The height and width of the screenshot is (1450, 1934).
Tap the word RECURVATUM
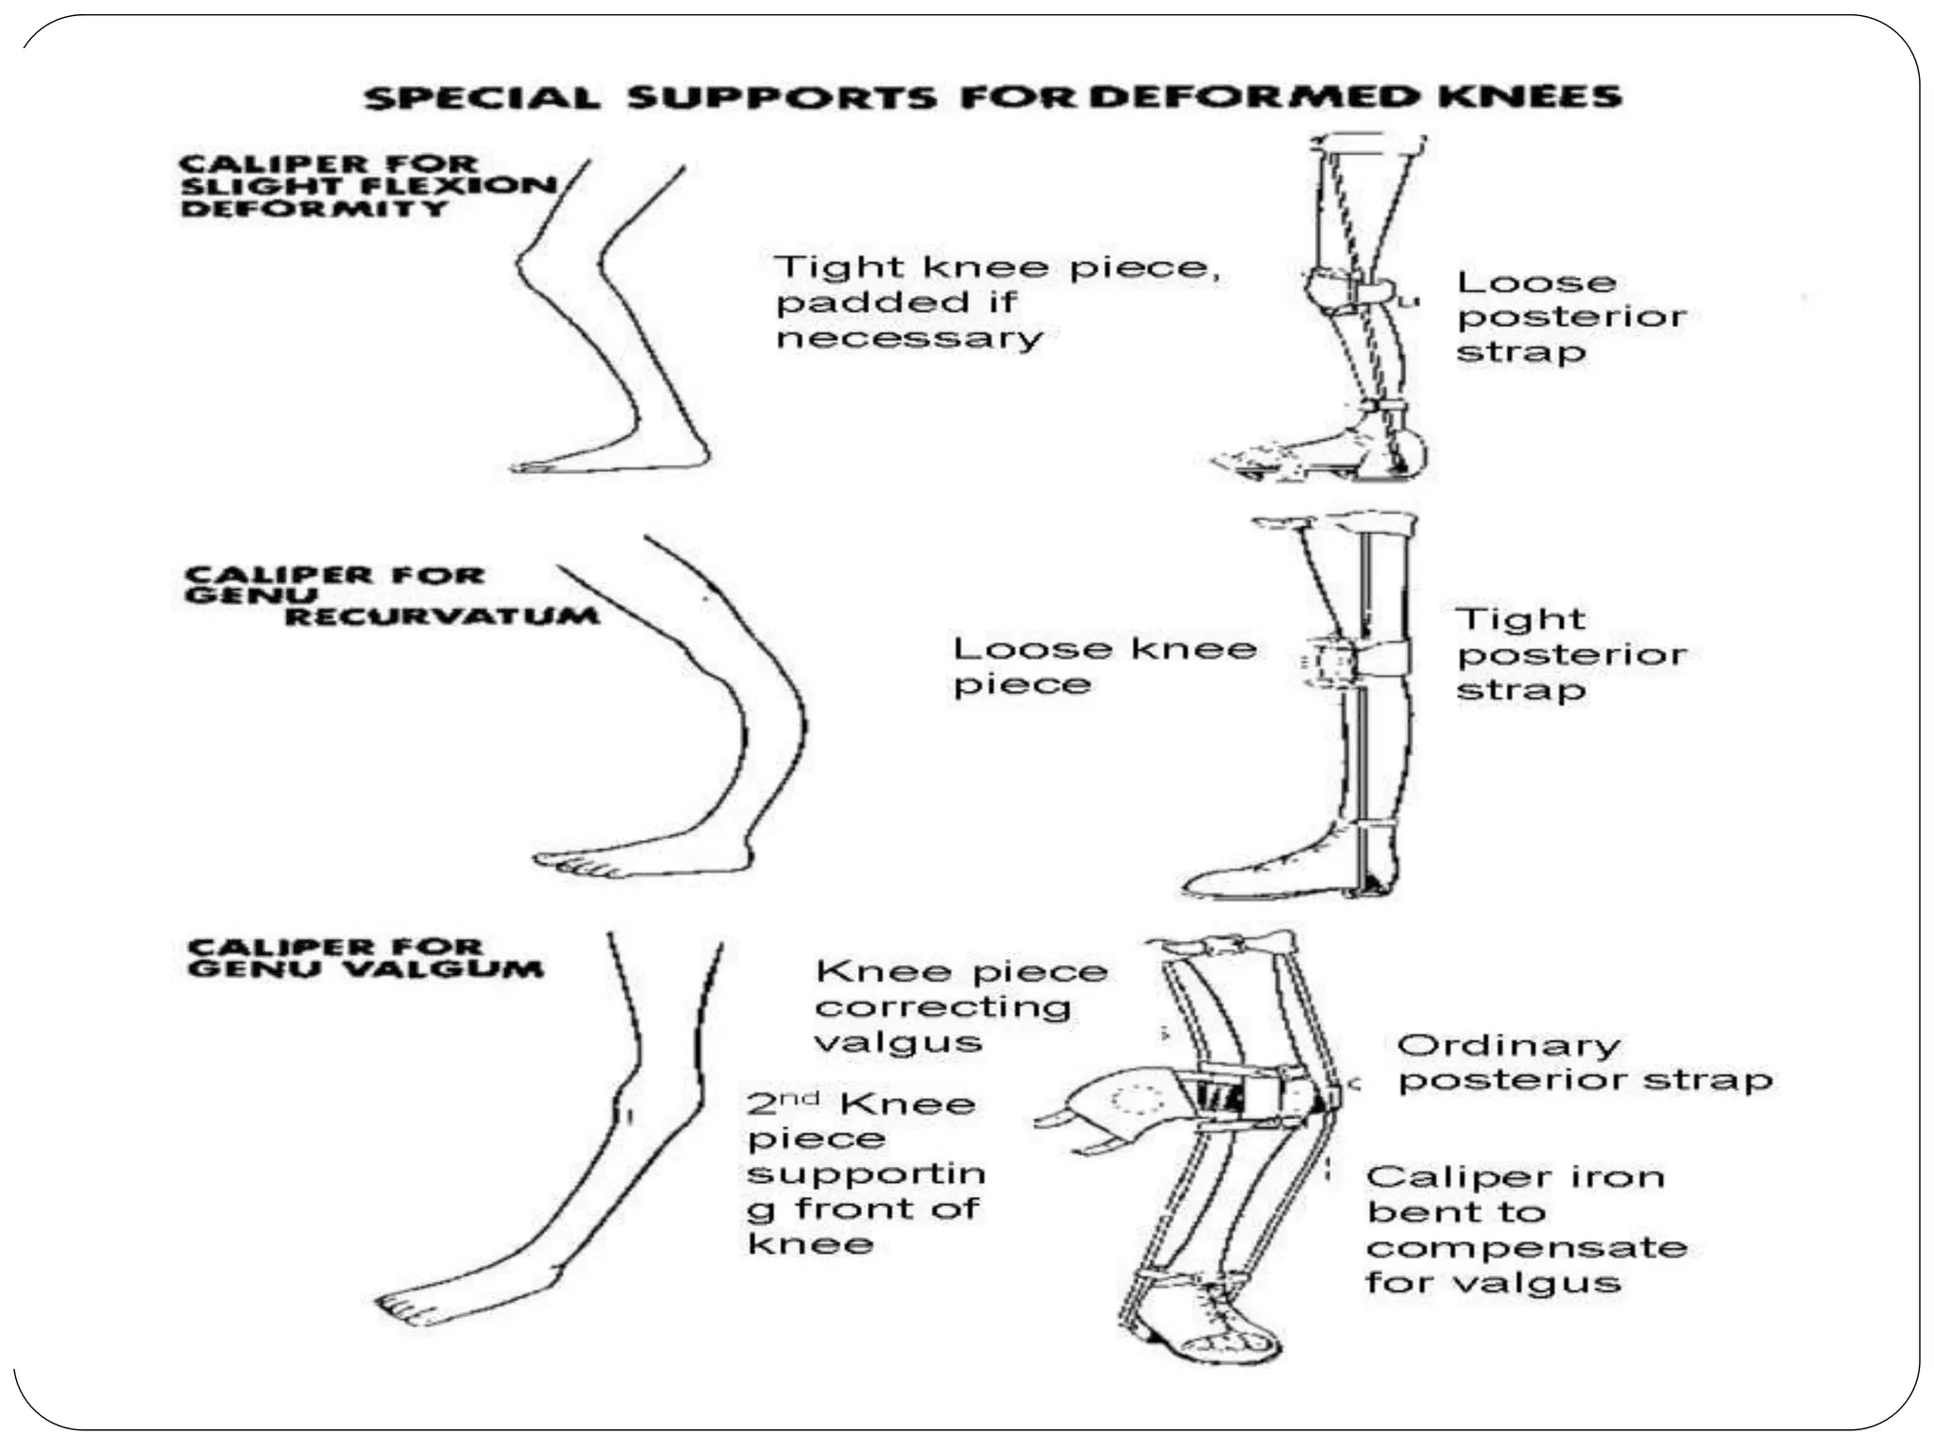tap(442, 616)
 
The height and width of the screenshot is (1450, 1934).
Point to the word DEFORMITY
tap(314, 208)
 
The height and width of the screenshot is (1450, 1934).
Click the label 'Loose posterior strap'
tap(1569, 316)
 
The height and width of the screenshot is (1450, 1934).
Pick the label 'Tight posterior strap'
tap(1569, 653)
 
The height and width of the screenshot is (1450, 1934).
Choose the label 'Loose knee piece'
tap(1103, 666)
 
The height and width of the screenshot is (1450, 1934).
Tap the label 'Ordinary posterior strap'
tap(1583, 1062)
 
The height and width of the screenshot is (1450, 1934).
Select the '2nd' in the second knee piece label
tap(782, 1102)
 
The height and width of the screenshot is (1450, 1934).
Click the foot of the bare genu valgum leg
tap(453, 1298)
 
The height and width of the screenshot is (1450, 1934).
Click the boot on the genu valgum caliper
tap(1228, 1326)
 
